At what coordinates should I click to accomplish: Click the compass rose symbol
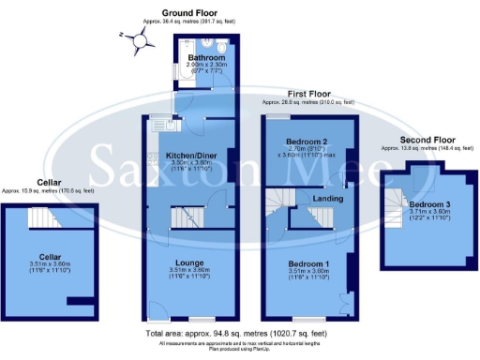click(x=141, y=39)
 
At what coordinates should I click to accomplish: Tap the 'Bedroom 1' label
click(x=307, y=264)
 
